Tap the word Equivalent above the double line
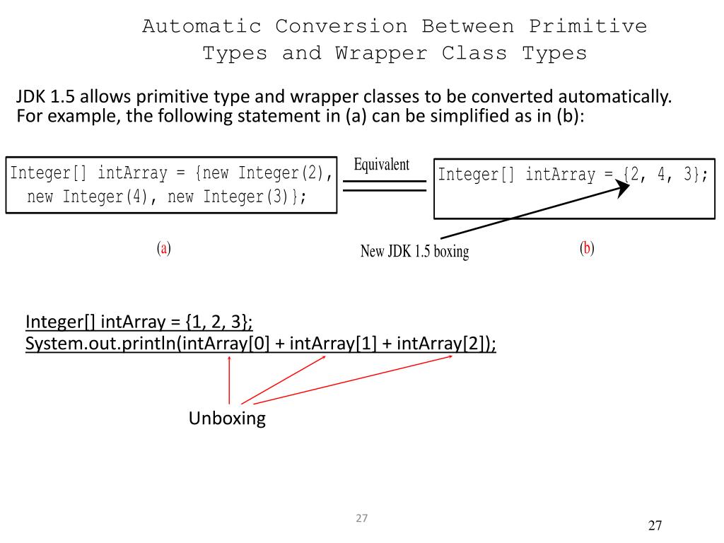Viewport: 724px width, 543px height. pyautogui.click(x=381, y=165)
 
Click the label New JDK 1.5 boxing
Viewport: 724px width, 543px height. pyautogui.click(x=414, y=251)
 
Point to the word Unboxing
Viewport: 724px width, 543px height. pyautogui.click(x=227, y=419)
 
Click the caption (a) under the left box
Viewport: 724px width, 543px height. pyautogui.click(x=164, y=248)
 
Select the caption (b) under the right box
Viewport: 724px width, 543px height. pyautogui.click(x=587, y=248)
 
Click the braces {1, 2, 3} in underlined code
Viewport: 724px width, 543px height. pyautogui.click(x=216, y=322)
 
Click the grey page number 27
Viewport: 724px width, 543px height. pyautogui.click(x=362, y=518)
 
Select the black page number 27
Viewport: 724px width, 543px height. pyautogui.click(x=655, y=525)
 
